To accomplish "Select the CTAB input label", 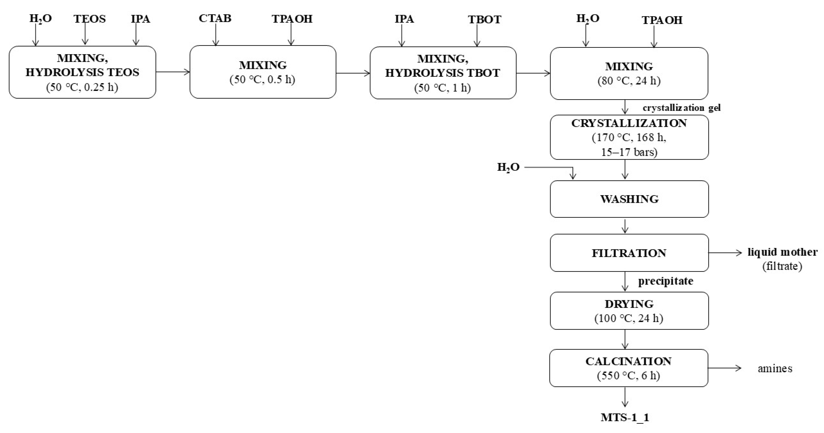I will tap(215, 18).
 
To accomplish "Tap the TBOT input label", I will tap(485, 19).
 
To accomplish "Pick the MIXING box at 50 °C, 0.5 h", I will tap(263, 72).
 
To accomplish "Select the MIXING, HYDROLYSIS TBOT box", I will tap(443, 73).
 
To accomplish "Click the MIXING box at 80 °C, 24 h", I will tap(629, 73).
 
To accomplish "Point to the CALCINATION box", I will tap(629, 368).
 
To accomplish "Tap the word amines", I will tap(775, 368).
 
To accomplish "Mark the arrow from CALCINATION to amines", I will tap(725, 368).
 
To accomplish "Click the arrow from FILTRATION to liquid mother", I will tap(725, 253).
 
